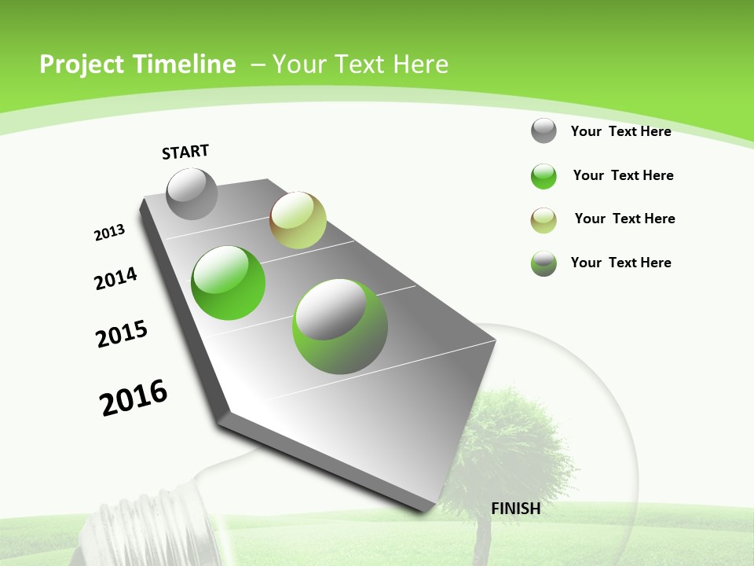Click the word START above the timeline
tap(185, 152)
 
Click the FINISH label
tap(515, 509)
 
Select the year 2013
tap(109, 233)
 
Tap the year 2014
tap(115, 278)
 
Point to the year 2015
tap(122, 334)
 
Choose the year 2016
tap(134, 398)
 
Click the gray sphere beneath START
tap(192, 194)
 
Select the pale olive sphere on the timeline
tap(298, 220)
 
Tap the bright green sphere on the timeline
tap(229, 283)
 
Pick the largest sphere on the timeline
tap(340, 326)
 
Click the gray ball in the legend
tap(544, 130)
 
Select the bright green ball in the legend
tap(544, 176)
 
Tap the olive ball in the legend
tap(544, 220)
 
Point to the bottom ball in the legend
tap(544, 263)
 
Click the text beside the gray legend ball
tap(620, 131)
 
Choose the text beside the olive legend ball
tap(624, 219)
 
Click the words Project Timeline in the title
tap(137, 64)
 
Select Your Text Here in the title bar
tap(361, 64)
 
